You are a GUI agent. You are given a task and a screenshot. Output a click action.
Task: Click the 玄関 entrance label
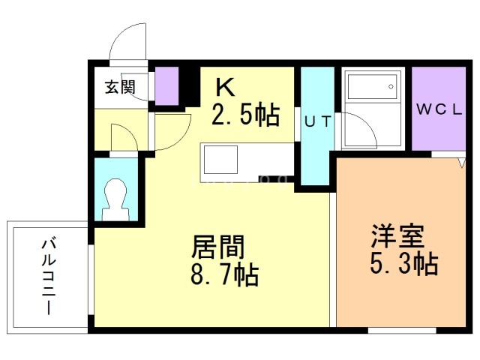(120, 87)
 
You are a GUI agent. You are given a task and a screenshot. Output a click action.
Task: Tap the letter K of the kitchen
(225, 87)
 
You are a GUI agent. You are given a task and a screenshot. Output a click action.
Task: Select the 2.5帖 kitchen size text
(246, 115)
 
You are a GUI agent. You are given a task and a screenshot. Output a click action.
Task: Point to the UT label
(318, 121)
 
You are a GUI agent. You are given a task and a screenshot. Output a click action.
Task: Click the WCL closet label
(439, 109)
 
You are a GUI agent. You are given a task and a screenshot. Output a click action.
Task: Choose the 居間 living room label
(217, 247)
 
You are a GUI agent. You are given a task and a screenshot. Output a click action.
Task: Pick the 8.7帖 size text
(225, 275)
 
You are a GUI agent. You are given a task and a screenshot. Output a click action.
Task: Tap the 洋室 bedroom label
(397, 236)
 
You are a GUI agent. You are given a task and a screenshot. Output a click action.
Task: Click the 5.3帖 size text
(404, 264)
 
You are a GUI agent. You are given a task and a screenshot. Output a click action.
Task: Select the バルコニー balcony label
(49, 277)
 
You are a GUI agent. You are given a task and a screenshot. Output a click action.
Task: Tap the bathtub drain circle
(391, 87)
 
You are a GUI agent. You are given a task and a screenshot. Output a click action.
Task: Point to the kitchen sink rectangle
(220, 160)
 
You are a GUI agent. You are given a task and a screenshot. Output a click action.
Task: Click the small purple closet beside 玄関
(166, 86)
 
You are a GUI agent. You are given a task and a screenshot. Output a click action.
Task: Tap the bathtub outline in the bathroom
(373, 87)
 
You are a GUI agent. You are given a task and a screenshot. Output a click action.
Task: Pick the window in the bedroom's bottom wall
(402, 331)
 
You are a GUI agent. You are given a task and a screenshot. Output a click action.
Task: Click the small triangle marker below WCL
(462, 162)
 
